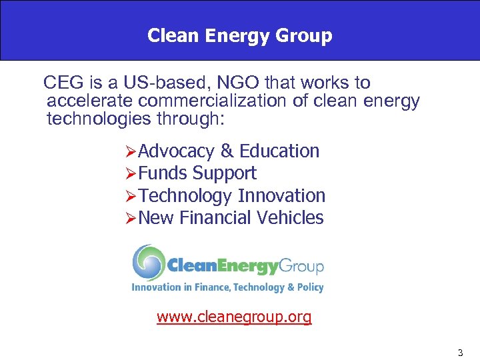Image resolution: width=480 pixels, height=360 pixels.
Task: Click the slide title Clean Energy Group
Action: (x=239, y=35)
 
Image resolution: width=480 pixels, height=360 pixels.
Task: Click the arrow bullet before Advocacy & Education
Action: (x=130, y=152)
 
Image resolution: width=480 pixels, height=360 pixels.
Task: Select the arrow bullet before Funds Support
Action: (x=130, y=174)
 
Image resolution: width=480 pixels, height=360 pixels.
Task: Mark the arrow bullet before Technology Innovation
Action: (x=130, y=197)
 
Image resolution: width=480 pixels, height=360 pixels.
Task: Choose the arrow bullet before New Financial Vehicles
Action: (x=130, y=219)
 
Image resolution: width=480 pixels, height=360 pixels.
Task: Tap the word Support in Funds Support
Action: (x=224, y=174)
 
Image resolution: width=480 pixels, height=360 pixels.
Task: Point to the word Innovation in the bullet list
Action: (x=281, y=196)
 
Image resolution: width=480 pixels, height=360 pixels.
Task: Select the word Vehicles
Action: (x=292, y=218)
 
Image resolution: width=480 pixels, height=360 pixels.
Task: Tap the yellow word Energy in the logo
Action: (x=241, y=267)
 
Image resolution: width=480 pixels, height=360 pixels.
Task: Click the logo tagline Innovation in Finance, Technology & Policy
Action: (x=227, y=287)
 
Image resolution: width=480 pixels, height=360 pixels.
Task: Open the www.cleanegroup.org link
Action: (x=234, y=317)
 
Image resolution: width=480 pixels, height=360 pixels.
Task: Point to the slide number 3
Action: (x=460, y=351)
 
